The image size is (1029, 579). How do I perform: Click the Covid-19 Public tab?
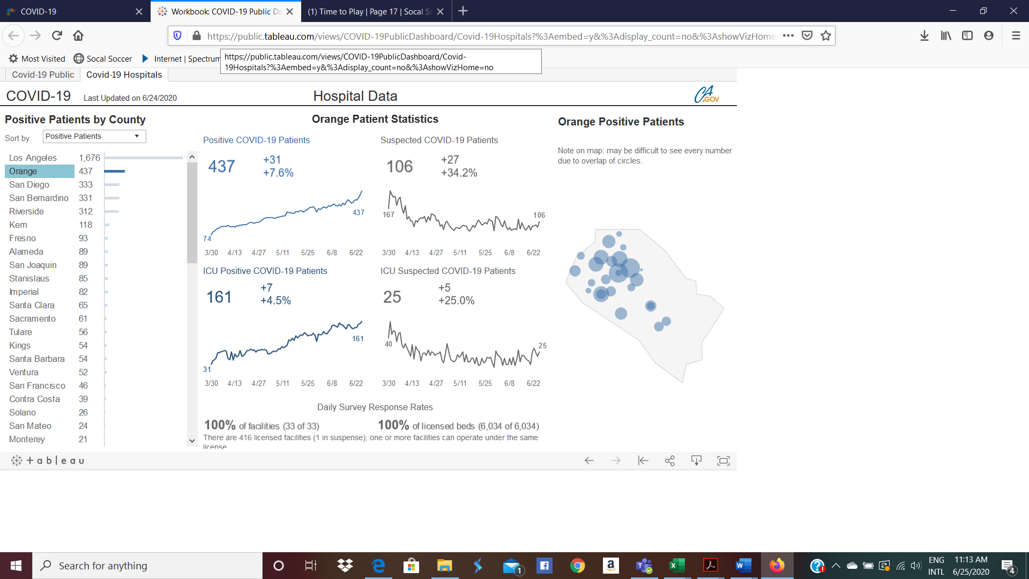coord(43,75)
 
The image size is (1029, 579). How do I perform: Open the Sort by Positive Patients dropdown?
coord(94,136)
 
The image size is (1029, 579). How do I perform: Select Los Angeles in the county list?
coord(33,158)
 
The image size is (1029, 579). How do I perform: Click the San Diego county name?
coord(29,184)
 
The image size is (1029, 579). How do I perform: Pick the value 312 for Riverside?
coord(86,211)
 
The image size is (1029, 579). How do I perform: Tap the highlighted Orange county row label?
coord(23,171)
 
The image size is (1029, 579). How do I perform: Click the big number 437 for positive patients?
coord(221,166)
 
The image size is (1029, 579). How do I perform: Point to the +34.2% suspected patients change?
coord(459,173)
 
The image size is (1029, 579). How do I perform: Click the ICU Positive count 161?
coord(219,297)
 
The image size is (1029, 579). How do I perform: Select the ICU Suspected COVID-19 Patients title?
coord(448,271)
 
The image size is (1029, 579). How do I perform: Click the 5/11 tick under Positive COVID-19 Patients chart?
coord(282,253)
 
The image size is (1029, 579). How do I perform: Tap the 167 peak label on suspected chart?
coord(388,214)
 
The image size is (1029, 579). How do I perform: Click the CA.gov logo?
coord(706,95)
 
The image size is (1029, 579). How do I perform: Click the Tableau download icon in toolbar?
coord(696,461)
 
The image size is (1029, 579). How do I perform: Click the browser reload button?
coord(57,35)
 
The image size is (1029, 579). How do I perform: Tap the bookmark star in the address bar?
coord(825,35)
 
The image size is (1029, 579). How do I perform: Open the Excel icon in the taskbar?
coord(677,565)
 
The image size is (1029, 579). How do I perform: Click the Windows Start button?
coord(16,566)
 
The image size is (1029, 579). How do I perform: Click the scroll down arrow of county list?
coord(192,441)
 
